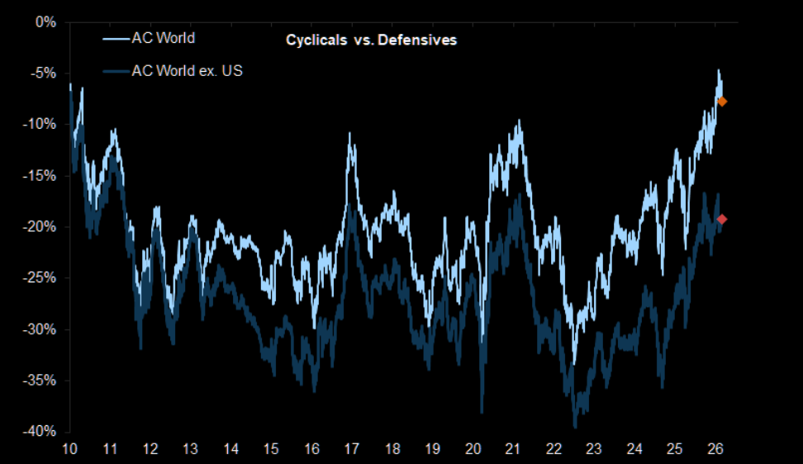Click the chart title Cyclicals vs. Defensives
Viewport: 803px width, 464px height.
point(371,40)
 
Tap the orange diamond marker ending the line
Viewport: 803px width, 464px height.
point(722,102)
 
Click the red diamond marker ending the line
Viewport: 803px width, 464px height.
point(722,219)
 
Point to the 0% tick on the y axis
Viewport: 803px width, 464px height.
point(45,21)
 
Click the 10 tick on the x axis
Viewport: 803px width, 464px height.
point(69,449)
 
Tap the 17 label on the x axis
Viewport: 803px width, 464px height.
point(352,449)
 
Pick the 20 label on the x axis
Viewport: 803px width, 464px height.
point(473,449)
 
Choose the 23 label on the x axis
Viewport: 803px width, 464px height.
point(594,449)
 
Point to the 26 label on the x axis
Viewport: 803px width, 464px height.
point(715,449)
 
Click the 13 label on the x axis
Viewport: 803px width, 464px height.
point(190,449)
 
